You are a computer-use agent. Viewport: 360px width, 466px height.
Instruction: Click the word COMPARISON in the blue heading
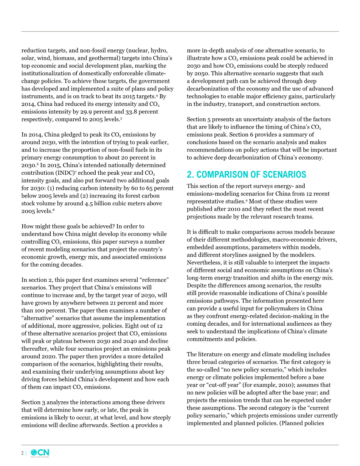tap(222, 175)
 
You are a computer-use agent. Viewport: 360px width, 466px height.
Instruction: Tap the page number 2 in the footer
tap(22, 453)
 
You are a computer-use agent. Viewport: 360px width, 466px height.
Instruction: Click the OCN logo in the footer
tap(40, 453)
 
